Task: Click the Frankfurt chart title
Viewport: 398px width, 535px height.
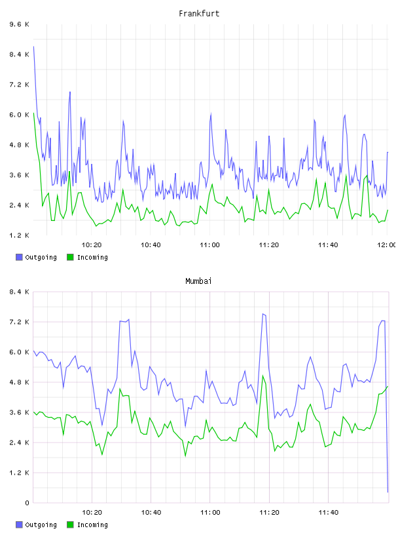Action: pos(199,14)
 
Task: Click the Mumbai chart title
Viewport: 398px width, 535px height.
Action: pos(198,281)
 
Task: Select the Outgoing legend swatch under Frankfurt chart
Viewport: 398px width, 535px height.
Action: pos(19,257)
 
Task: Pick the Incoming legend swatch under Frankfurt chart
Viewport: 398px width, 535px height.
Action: pos(70,257)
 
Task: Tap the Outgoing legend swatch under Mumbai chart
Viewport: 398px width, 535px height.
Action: pos(19,525)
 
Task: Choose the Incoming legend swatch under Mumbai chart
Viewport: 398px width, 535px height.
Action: pos(70,525)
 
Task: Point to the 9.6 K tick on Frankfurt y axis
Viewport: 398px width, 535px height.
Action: pos(19,24)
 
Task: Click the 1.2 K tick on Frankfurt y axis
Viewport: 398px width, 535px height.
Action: pos(19,235)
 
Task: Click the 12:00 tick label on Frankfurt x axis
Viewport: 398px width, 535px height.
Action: pos(386,245)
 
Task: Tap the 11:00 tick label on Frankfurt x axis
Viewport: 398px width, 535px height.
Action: pos(209,245)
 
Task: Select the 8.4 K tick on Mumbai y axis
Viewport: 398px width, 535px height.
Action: pos(19,292)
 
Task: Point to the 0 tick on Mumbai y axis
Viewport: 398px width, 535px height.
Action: pos(27,503)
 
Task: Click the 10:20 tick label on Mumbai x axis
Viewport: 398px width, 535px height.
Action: pos(92,513)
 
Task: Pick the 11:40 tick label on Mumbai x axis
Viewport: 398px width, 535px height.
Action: pos(328,513)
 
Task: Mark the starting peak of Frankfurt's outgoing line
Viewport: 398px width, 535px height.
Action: pos(33,47)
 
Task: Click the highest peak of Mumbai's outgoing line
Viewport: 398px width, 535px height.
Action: pos(262,314)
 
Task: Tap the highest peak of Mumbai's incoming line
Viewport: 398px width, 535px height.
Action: pos(262,376)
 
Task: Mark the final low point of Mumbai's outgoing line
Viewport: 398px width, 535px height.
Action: pos(388,492)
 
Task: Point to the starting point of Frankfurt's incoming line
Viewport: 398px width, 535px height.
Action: pos(33,113)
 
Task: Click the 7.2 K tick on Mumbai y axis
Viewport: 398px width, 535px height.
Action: pos(19,322)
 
